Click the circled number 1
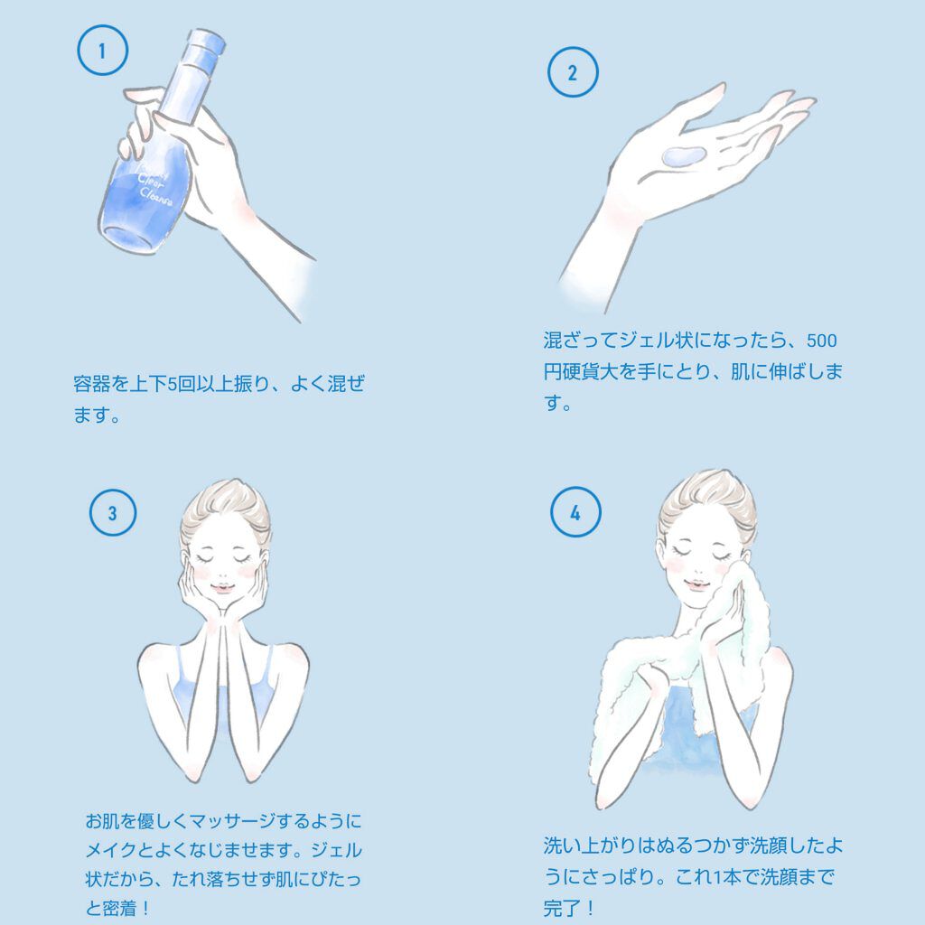[x=103, y=51]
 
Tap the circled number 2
[x=573, y=72]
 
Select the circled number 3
[x=113, y=513]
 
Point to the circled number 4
[x=575, y=512]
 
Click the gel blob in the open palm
[x=683, y=155]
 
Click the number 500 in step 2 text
[x=821, y=341]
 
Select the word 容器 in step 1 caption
[x=92, y=383]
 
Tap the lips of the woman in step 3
[x=222, y=587]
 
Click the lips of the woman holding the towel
[x=696, y=584]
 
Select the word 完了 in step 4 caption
[x=562, y=908]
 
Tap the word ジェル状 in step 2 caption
[x=656, y=341]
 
